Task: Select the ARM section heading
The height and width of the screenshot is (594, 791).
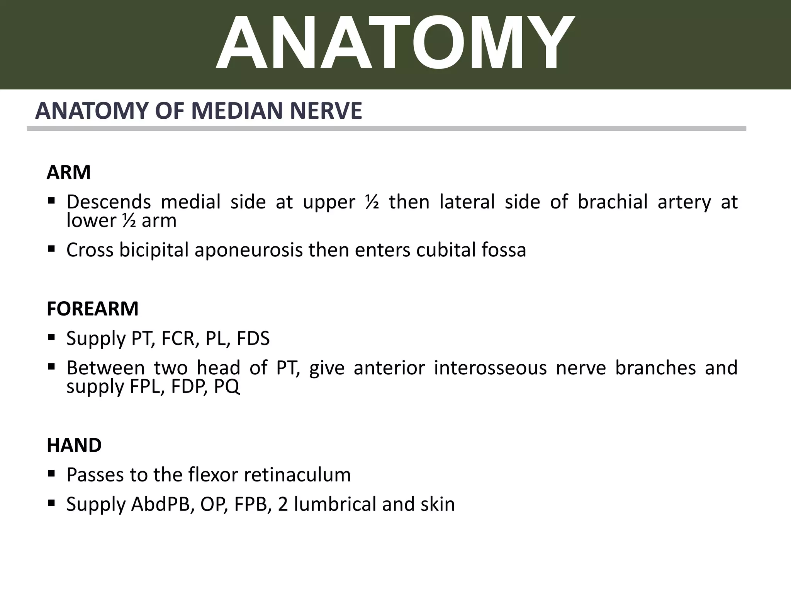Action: pos(69,172)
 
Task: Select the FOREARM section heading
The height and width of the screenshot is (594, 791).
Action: pos(92,309)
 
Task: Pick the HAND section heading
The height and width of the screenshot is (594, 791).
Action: pos(74,445)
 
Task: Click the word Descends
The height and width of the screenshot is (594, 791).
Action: pos(109,202)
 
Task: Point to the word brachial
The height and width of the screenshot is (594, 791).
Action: pos(613,202)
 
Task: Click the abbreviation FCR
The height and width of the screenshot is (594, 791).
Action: pos(178,339)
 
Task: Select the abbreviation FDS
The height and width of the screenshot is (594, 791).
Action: pos(253,339)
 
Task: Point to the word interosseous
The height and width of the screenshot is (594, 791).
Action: pos(490,368)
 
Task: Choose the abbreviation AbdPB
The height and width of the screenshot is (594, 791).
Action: pos(162,505)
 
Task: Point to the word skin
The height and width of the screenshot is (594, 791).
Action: pos(438,505)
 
